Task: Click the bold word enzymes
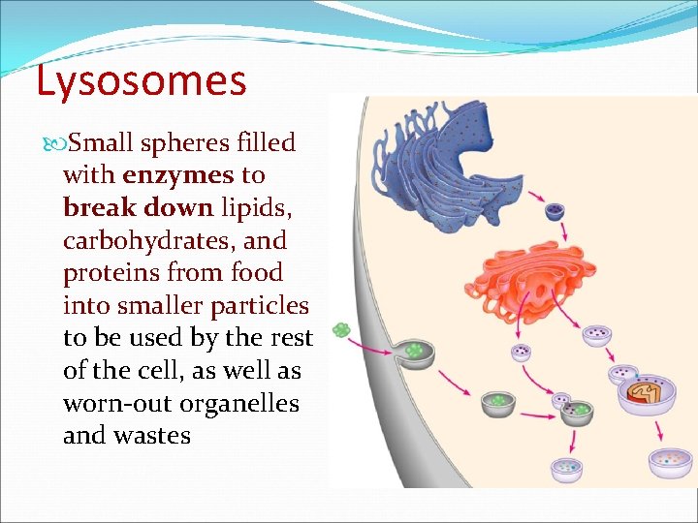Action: click(178, 175)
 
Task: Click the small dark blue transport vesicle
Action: click(555, 212)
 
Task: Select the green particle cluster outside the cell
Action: click(341, 330)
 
